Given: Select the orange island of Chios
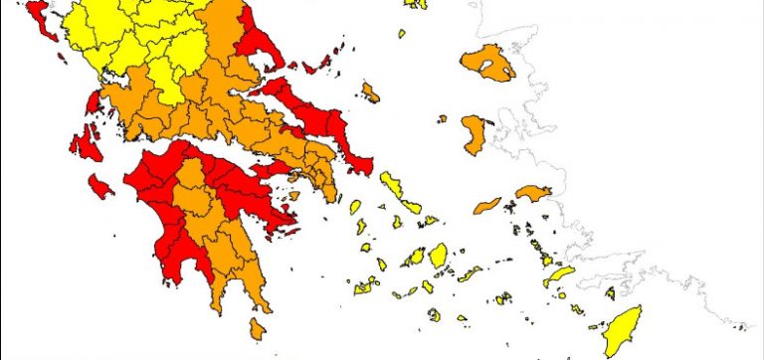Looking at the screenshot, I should point(474,134).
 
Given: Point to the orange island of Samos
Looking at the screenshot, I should point(533,192).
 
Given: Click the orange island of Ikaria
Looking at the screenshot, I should point(487,206).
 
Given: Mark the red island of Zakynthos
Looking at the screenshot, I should point(99,186).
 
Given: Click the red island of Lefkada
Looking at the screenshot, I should point(94,101).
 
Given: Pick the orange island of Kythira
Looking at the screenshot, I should point(259,327).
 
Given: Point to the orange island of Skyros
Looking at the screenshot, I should point(370,92).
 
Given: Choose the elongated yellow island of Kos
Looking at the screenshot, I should point(559,275).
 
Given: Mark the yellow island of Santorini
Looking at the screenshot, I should point(434,314).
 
